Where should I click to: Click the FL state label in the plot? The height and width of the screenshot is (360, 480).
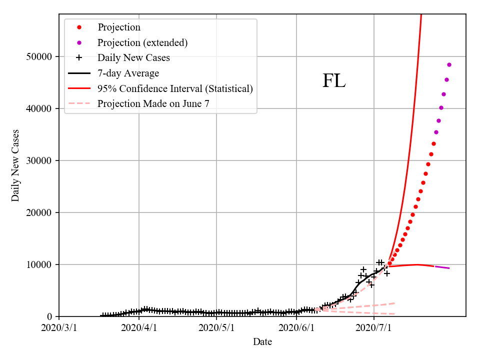(333, 81)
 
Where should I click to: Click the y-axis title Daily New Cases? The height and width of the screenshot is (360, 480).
(15, 165)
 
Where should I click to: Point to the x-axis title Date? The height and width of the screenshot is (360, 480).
(262, 342)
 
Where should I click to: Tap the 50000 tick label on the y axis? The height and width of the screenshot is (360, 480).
(39, 56)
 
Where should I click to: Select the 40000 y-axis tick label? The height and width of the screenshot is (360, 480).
(39, 108)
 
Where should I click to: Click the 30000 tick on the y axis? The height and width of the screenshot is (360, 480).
(39, 160)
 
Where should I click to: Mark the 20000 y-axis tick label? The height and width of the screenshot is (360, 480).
(39, 212)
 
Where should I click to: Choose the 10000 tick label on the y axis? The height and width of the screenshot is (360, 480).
(39, 264)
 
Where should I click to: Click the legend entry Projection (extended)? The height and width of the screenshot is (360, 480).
(142, 42)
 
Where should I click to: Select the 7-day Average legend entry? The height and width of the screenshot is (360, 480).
(128, 73)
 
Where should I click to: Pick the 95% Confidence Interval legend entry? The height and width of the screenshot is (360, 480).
(175, 89)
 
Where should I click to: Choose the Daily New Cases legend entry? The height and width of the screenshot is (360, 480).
(133, 58)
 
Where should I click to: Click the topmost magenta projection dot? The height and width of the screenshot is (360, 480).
(449, 64)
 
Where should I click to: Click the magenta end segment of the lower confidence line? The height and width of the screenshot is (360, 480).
(442, 267)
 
